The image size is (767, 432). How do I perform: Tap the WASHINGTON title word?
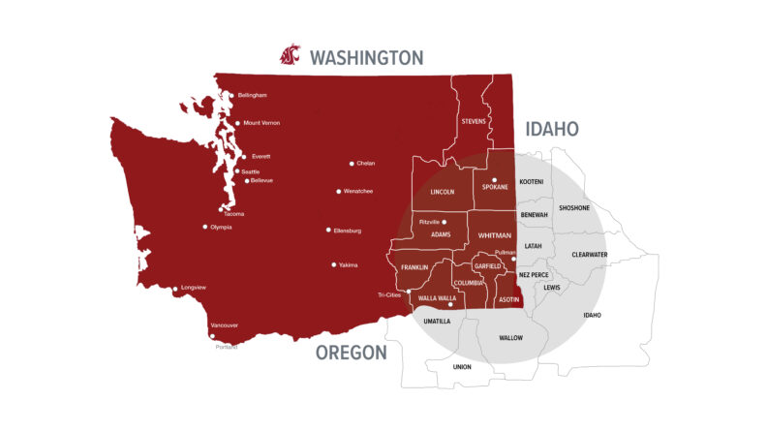366,57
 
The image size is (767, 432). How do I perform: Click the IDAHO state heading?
552,129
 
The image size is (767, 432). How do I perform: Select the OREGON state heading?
351,353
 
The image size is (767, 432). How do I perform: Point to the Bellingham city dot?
230,95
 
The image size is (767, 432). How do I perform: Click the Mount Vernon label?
262,123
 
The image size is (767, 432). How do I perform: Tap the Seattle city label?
250,171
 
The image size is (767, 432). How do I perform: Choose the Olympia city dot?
205,228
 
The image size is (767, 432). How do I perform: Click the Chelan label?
366,164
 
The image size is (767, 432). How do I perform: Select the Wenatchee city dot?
339,192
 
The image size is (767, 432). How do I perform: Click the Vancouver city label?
224,325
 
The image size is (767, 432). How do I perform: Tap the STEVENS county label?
474,121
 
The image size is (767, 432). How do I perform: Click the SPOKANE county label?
495,187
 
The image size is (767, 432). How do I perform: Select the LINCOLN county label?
442,192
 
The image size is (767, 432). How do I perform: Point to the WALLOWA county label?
510,338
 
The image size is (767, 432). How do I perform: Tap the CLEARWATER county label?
589,255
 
